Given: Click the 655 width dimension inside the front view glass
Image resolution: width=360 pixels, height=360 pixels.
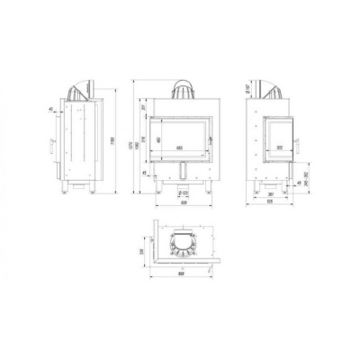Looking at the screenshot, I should click(179, 146).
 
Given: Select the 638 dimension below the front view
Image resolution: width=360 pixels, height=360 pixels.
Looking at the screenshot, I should click(183, 202).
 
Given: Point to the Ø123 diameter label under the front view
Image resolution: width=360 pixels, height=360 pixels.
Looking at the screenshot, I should click(184, 192).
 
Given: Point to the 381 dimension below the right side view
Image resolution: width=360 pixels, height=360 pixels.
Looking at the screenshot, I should click(270, 192).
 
